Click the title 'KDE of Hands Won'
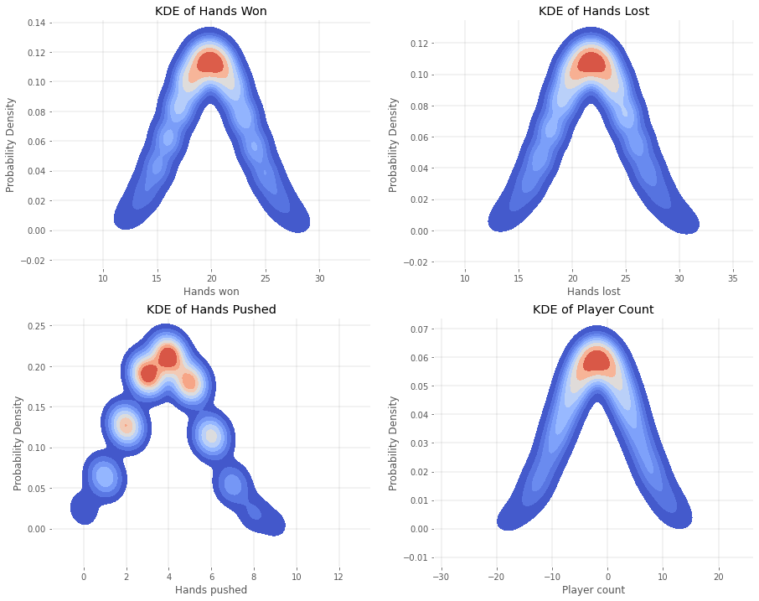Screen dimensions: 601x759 click(x=211, y=11)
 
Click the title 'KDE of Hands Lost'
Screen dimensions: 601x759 click(x=593, y=11)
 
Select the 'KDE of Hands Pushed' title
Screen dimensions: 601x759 click(x=211, y=309)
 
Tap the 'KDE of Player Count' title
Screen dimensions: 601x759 click(x=593, y=309)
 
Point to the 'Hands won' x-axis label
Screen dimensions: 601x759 click(x=211, y=292)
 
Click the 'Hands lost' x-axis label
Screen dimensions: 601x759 click(x=593, y=292)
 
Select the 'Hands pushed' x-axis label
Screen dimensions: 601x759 click(x=211, y=590)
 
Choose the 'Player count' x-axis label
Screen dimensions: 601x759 click(x=593, y=590)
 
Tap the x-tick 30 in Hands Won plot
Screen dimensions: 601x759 click(x=320, y=277)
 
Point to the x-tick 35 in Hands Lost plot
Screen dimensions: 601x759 click(x=733, y=277)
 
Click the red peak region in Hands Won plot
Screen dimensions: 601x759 click(x=210, y=63)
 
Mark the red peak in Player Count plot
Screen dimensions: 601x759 click(x=596, y=361)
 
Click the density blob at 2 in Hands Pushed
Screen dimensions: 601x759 click(x=126, y=426)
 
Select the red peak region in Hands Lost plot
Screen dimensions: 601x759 click(x=591, y=63)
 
